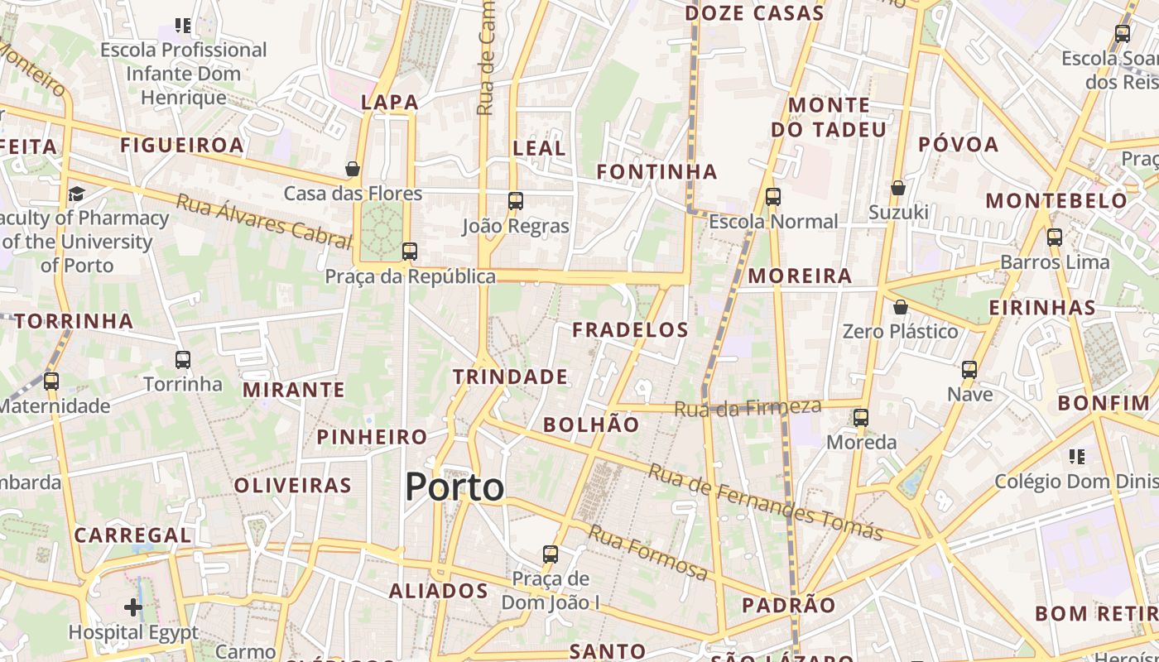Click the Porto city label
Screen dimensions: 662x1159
(454, 487)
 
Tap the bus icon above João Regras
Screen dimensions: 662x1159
(516, 200)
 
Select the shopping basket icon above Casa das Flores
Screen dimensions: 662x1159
(353, 169)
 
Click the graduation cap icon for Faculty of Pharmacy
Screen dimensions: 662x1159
(76, 194)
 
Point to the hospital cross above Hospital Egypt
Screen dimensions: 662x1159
(133, 608)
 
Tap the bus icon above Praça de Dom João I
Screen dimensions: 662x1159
(551, 554)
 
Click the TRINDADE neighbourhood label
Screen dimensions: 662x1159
(510, 377)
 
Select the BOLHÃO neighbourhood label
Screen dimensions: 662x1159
(591, 425)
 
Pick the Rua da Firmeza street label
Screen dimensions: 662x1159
(747, 407)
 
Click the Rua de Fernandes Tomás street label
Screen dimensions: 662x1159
(765, 501)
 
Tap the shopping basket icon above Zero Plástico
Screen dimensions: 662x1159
(901, 307)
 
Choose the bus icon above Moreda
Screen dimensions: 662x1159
(861, 417)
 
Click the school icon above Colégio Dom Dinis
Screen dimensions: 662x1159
(1076, 456)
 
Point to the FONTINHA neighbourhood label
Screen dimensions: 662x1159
(657, 171)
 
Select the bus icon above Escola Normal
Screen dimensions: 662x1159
(773, 197)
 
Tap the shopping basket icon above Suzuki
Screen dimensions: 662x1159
(898, 188)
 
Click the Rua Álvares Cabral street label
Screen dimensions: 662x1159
(264, 220)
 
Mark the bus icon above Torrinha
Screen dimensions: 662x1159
(183, 360)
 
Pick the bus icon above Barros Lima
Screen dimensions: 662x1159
(1055, 237)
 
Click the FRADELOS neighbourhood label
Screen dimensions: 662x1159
(631, 329)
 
